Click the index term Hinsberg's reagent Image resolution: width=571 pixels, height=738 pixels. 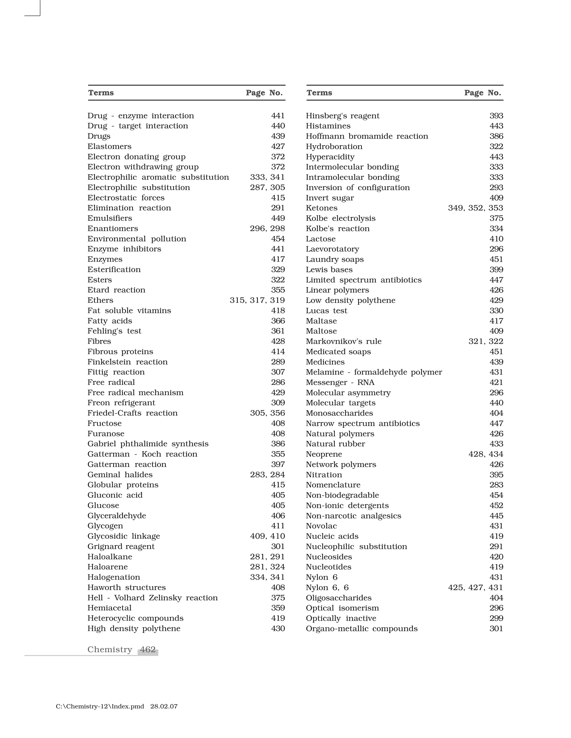342,116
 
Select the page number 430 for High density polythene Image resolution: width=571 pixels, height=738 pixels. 278,629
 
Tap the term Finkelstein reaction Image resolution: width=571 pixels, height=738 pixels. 127,362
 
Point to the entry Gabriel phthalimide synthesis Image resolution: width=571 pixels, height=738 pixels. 148,444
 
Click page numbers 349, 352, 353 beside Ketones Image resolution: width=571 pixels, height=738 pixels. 475,208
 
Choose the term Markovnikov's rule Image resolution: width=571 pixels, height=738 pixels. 343,341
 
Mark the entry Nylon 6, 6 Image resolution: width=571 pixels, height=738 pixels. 327,588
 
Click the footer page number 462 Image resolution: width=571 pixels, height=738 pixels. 148,650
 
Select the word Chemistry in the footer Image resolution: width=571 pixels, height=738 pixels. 110,650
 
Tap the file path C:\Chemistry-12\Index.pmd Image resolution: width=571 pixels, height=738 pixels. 100,707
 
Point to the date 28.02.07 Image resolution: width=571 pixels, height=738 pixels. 164,707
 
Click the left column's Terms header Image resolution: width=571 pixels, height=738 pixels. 101,93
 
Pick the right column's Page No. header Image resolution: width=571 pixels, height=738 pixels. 482,93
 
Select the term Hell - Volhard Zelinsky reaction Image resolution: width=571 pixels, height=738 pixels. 153,598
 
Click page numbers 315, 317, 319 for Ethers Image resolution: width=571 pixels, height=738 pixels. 257,300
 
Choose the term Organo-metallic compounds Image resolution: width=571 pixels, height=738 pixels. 362,629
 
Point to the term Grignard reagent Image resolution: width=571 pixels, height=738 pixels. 121,546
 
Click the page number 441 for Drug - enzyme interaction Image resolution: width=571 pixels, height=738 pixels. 278,116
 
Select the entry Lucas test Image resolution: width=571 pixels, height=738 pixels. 326,311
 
